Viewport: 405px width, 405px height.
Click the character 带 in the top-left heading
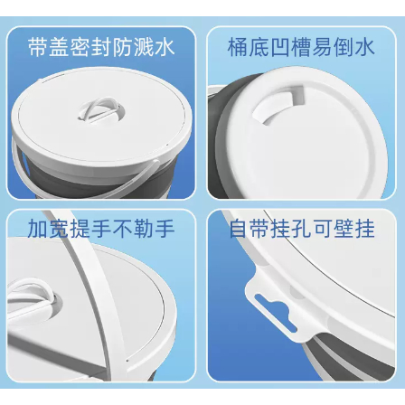(38, 47)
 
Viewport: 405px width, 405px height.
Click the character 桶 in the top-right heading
(238, 47)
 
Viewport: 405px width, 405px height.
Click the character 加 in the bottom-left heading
(38, 228)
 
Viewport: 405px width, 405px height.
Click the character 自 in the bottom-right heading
(239, 228)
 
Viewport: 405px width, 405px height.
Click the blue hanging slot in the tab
(275, 312)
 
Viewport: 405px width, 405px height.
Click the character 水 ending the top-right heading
(364, 47)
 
